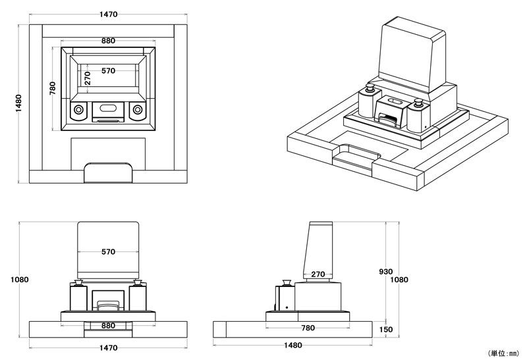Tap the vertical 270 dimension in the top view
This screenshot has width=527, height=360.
pyautogui.click(x=86, y=78)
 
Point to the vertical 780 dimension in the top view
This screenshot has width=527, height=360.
pyautogui.click(x=53, y=89)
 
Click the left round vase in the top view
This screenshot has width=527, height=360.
pyautogui.click(x=78, y=111)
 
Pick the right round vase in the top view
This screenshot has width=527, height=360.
pyautogui.click(x=138, y=111)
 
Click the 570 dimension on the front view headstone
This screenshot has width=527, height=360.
pyautogui.click(x=109, y=251)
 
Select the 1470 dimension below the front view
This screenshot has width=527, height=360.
pyautogui.click(x=109, y=347)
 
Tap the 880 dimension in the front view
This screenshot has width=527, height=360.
pyautogui.click(x=109, y=326)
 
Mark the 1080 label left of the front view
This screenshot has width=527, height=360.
pyautogui.click(x=20, y=279)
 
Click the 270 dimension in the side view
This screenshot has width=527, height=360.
pyautogui.click(x=318, y=274)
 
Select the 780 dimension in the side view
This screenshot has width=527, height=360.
pyautogui.click(x=307, y=326)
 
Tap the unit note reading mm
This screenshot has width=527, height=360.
pyautogui.click(x=504, y=353)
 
